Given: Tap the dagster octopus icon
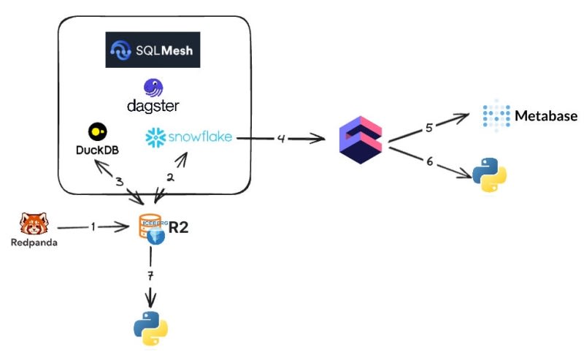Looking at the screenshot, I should point(154,88).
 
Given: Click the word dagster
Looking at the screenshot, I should point(153,107).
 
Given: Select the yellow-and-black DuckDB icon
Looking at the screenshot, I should point(97,131).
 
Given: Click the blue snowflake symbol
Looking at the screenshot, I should point(156,137).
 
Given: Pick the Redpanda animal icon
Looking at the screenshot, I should point(34,223).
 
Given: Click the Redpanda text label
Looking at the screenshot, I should point(34,242).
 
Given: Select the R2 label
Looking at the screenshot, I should point(179,227).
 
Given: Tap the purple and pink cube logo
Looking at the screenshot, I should point(362,142).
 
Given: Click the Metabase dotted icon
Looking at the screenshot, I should point(496,115).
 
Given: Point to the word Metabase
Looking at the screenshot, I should point(546,116).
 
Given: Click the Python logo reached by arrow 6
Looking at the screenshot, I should point(489,174).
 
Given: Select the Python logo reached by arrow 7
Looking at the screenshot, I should point(151,328).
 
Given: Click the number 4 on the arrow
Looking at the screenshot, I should point(280,137).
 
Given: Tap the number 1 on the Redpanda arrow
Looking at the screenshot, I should point(93,227).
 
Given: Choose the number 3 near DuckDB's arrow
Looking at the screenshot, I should point(119,182).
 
